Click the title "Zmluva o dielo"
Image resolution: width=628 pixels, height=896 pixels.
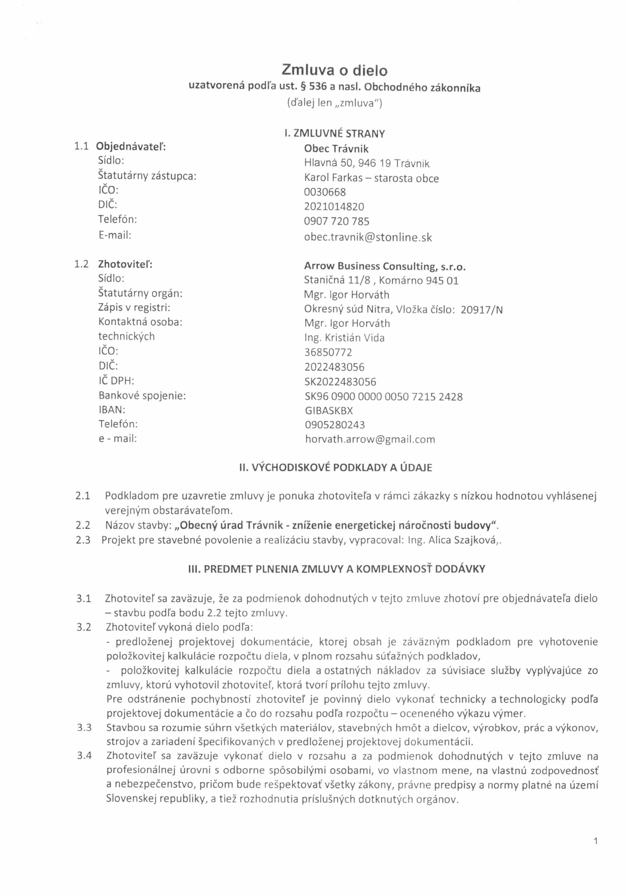tap(335, 70)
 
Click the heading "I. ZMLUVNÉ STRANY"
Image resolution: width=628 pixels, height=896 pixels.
tap(335, 134)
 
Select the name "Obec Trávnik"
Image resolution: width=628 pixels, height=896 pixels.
tap(336, 149)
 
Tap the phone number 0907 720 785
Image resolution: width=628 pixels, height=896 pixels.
tap(336, 222)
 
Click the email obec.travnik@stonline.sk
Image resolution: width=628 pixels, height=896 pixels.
tap(368, 238)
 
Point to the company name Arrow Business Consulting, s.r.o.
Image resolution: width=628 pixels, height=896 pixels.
tap(385, 267)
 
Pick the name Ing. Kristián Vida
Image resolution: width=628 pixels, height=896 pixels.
tap(344, 338)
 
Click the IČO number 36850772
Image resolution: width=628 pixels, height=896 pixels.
tap(328, 352)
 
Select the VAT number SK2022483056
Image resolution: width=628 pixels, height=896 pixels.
tap(340, 381)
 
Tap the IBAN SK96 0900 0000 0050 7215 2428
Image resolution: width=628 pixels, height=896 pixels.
tap(383, 397)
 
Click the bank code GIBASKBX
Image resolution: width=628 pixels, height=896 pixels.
tap(328, 411)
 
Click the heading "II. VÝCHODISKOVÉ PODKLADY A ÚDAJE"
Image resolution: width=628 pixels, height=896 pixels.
tap(335, 468)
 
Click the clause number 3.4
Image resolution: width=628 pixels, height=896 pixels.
tap(84, 756)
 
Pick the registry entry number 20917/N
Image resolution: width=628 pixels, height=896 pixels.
tap(482, 310)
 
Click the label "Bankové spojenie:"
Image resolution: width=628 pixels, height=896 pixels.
tap(142, 396)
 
